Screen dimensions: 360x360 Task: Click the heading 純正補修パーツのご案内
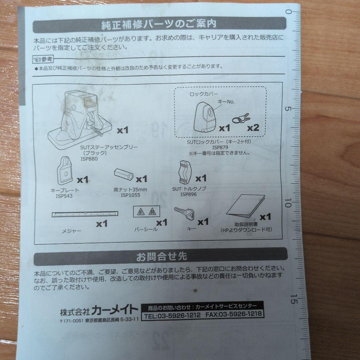[159, 24]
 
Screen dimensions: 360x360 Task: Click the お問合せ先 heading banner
[161, 257]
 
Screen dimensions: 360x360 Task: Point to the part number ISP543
[64, 196]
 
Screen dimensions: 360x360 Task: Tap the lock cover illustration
[206, 116]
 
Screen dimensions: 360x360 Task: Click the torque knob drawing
[185, 172]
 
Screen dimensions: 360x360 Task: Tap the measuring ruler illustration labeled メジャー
[85, 214]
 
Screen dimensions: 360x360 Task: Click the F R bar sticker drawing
[146, 212]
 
